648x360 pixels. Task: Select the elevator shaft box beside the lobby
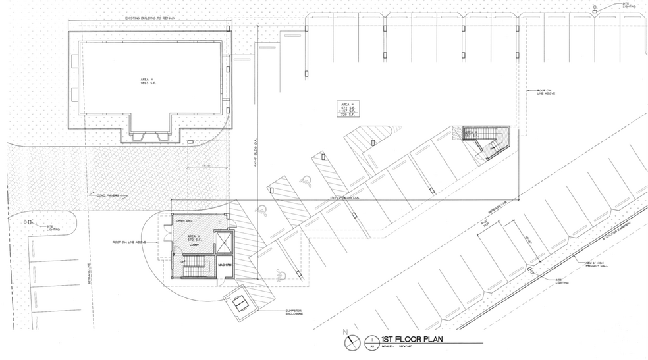coord(225,243)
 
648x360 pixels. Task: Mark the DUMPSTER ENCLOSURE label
coord(293,312)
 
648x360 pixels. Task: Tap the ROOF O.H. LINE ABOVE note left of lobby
coord(136,243)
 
